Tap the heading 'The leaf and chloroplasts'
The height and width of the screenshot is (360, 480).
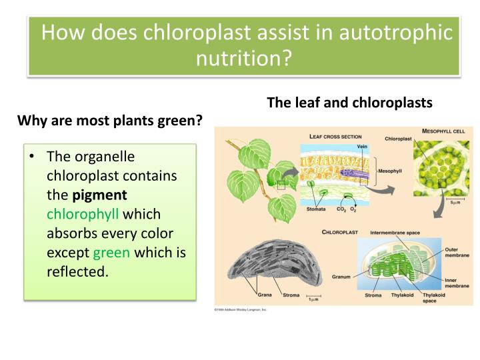coord(349,103)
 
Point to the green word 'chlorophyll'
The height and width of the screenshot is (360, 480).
coord(83,215)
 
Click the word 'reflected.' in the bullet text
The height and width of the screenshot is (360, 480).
coord(77,273)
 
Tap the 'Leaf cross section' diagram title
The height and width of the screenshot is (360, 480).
coord(337,136)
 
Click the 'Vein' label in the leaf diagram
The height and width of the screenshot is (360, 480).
coord(362,147)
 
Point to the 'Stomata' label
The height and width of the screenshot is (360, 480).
coord(316,209)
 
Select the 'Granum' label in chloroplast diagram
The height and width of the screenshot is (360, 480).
coord(341,274)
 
